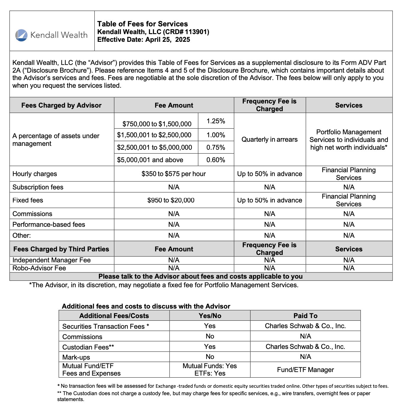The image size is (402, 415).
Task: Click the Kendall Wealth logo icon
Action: (21, 35)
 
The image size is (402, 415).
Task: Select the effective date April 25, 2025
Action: (168, 40)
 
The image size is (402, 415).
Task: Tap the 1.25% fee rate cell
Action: (216, 121)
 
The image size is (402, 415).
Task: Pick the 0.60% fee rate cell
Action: (216, 160)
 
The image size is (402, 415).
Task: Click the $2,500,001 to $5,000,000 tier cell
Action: (155, 148)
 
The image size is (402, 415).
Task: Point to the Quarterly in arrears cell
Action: (269, 139)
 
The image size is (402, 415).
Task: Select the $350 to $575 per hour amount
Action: (174, 174)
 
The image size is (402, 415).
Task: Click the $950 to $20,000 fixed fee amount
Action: (171, 200)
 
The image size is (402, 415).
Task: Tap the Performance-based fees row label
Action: (49, 225)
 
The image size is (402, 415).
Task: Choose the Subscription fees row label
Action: (38, 187)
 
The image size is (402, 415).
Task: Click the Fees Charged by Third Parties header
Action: (61, 249)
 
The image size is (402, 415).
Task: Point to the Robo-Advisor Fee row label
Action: (39, 268)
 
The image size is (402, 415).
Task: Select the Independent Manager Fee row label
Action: (52, 260)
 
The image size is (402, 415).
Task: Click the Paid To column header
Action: (305, 316)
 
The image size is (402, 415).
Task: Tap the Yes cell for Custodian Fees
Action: (210, 347)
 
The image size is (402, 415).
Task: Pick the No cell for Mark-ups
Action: (210, 357)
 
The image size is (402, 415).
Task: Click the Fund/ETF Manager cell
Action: (305, 370)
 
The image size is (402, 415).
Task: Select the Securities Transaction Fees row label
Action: (106, 326)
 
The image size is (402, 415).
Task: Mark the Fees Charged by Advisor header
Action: (61, 105)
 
